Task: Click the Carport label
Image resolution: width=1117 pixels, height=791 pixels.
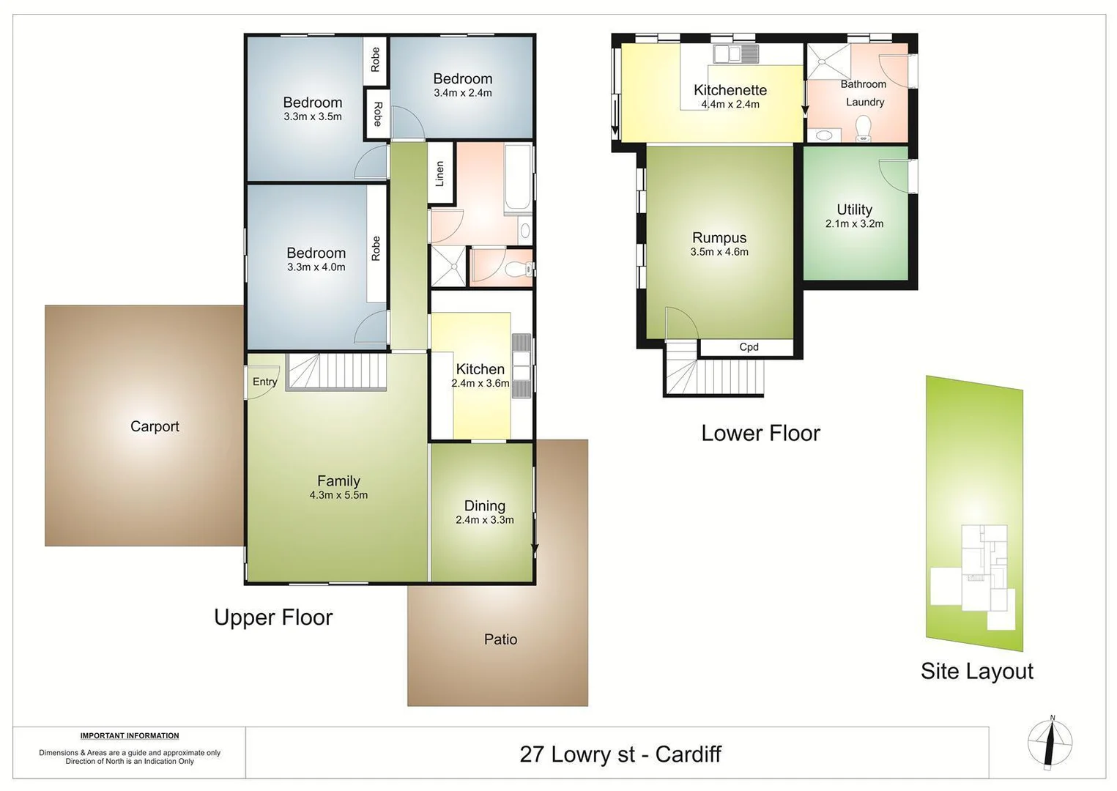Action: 155,426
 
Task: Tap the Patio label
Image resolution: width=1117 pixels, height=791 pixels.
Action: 500,639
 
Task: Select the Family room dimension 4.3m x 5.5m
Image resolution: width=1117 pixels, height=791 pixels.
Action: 338,495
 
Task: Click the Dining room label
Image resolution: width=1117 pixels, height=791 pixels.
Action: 484,505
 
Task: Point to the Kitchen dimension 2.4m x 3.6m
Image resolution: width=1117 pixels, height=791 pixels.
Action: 480,383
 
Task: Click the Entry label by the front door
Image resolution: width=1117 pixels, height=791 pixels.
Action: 264,382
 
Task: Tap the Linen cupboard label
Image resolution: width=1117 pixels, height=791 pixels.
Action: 439,174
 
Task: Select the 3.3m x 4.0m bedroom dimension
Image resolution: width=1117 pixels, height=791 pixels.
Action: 316,267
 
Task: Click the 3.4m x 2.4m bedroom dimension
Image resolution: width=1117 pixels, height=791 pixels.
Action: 462,93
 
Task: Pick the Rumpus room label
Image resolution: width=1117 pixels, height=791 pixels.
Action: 719,237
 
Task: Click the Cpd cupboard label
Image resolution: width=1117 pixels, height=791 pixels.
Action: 749,347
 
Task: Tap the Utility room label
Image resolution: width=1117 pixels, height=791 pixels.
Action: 854,209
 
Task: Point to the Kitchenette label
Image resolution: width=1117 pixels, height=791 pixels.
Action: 730,90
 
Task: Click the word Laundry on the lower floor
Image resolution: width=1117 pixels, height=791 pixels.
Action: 865,103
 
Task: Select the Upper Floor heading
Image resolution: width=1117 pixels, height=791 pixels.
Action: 273,617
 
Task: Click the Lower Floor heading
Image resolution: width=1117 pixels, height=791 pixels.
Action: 760,433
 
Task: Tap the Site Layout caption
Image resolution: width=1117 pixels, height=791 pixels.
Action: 976,671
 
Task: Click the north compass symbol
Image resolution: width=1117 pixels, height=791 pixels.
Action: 1050,742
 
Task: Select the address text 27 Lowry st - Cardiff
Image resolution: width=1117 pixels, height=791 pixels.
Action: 620,754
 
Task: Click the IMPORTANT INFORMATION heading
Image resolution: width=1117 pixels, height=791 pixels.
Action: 130,735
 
